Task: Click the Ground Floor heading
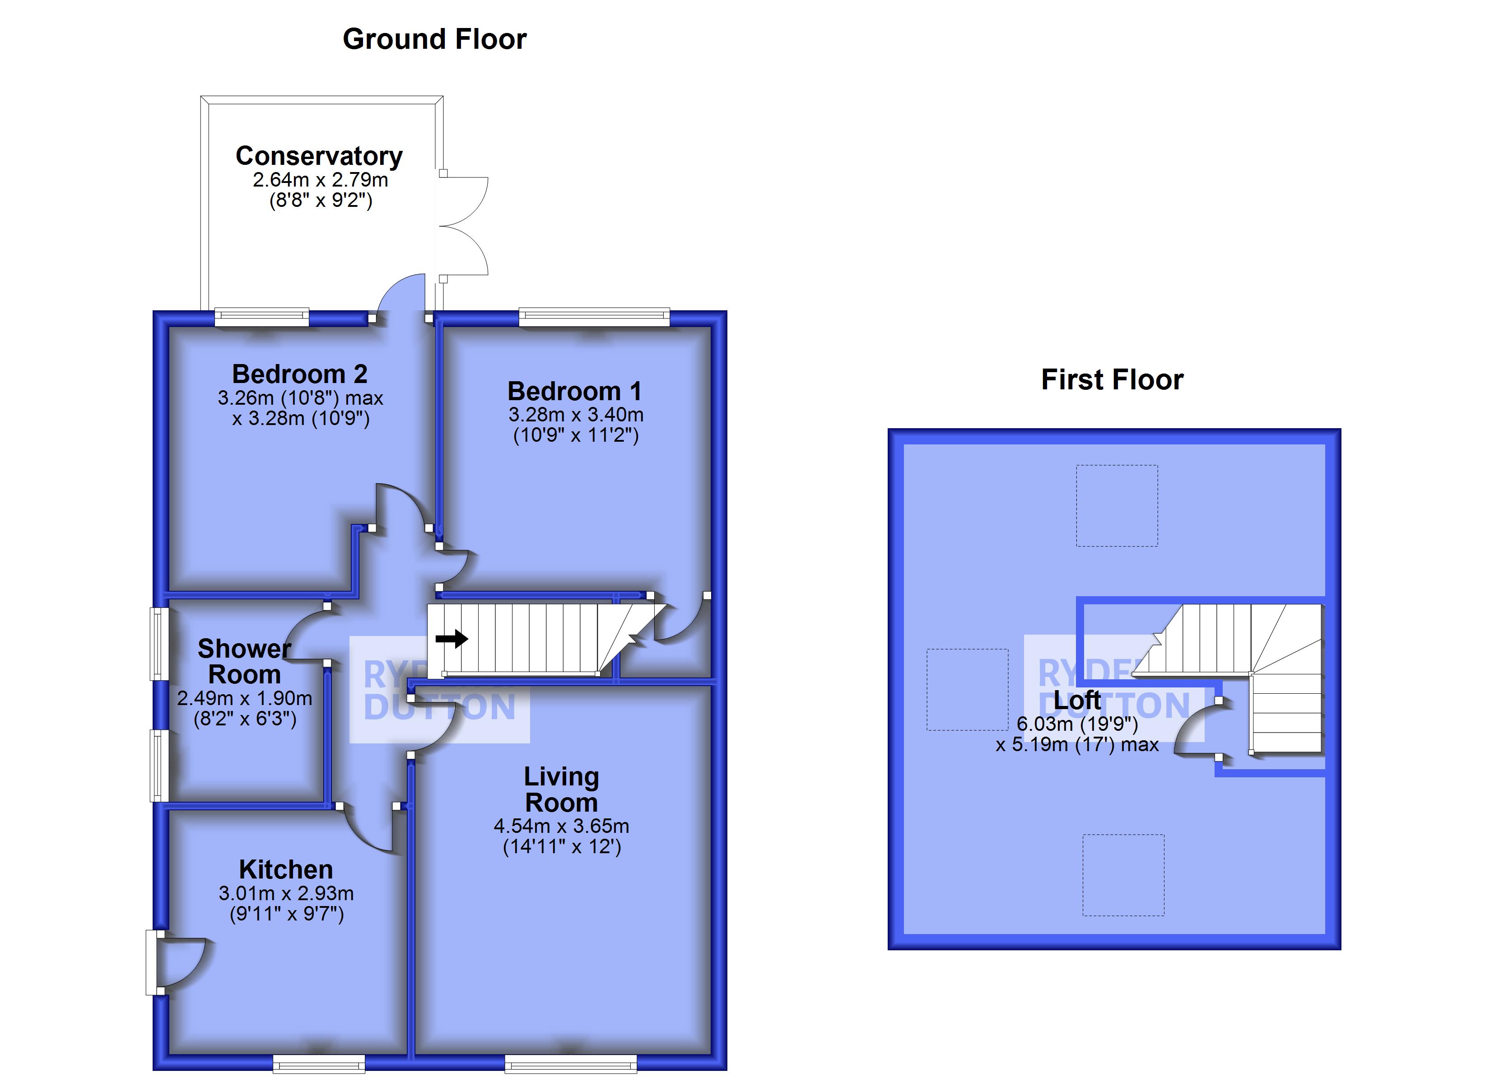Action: [x=434, y=39]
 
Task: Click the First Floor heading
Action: [x=1112, y=380]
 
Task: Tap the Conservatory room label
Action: [x=319, y=156]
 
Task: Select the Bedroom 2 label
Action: [x=299, y=374]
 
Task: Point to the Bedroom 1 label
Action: [x=574, y=391]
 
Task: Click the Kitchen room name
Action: [x=286, y=870]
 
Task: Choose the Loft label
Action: [x=1077, y=700]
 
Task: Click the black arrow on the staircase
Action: [x=452, y=638]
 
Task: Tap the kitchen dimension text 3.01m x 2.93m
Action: [x=286, y=893]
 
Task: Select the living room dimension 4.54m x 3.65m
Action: [x=562, y=826]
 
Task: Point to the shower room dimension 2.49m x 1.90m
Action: [x=244, y=698]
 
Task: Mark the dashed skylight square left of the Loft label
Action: [x=967, y=690]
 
